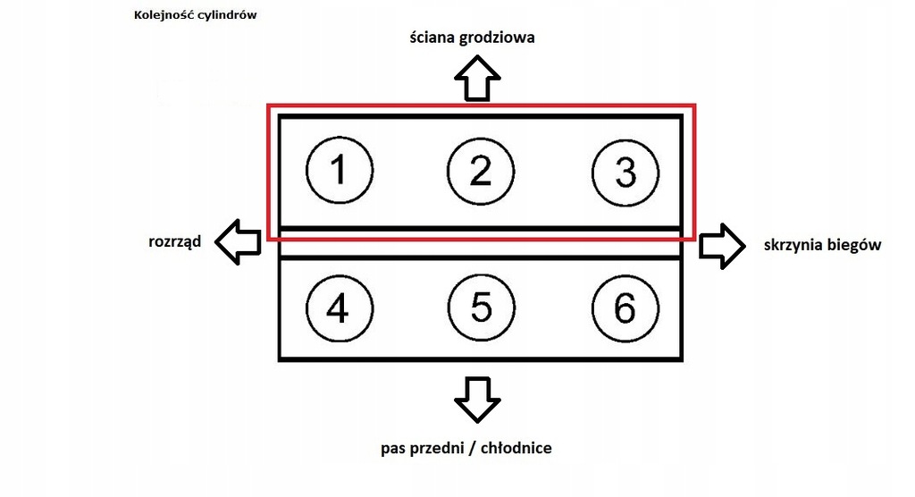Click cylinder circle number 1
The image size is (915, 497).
click(340, 170)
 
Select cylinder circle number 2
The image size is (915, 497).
click(481, 170)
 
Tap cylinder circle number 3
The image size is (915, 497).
click(625, 172)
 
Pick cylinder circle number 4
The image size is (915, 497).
click(339, 308)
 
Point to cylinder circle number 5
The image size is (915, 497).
click(481, 308)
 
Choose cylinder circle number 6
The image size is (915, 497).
click(625, 308)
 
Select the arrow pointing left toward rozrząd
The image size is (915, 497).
click(239, 242)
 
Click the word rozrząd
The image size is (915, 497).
click(175, 242)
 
